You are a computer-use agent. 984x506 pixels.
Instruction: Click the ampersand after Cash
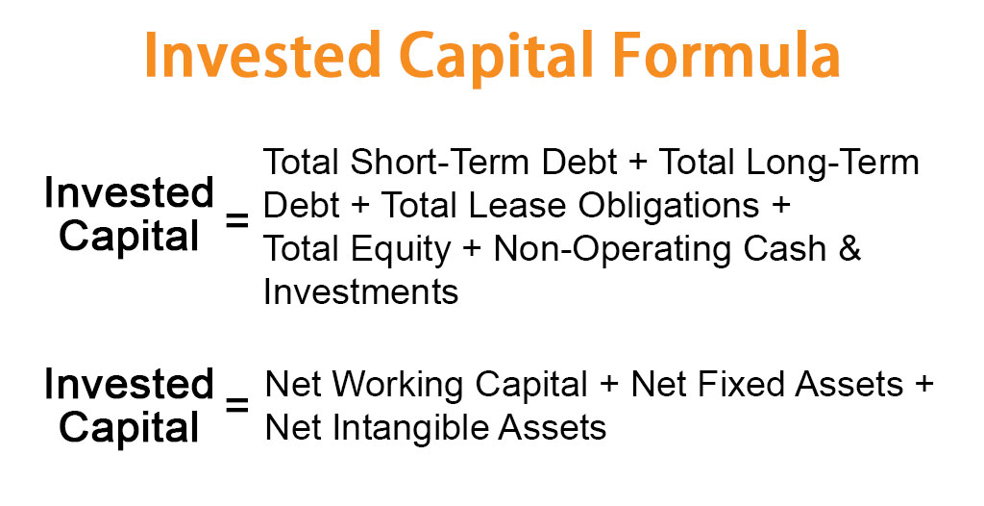coord(851,249)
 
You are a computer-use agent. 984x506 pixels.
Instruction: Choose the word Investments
coord(361,291)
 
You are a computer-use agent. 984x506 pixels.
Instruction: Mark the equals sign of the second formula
coord(236,405)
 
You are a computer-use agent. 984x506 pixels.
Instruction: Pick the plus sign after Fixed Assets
coord(923,386)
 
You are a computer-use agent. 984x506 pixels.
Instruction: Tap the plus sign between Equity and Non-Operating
coord(472,250)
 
